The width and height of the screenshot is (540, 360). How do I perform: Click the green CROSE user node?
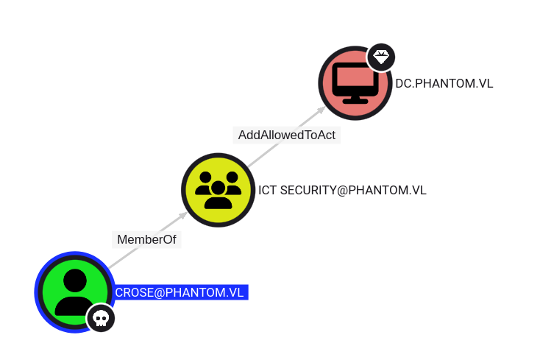tap(75, 292)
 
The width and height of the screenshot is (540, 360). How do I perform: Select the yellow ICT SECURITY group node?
tap(218, 190)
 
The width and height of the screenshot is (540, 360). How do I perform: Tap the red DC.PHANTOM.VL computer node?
tap(355, 83)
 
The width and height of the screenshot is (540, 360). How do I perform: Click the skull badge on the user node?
tap(101, 318)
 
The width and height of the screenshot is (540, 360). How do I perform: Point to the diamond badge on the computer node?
tap(381, 57)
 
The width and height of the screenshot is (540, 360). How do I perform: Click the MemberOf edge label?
tap(146, 239)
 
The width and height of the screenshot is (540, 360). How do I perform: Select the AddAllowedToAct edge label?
tap(286, 135)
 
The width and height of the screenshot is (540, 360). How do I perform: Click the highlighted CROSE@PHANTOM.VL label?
tap(180, 292)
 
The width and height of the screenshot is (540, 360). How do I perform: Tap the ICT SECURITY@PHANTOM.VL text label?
tap(342, 190)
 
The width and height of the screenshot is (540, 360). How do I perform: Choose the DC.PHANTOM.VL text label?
tap(444, 83)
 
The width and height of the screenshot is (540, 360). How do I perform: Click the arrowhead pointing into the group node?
tap(183, 215)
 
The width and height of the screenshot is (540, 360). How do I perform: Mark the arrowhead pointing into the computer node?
tap(321, 110)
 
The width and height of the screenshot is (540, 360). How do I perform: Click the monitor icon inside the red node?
tap(355, 83)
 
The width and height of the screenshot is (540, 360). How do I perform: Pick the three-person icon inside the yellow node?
tap(218, 190)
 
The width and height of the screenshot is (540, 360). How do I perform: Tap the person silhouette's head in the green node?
tap(75, 280)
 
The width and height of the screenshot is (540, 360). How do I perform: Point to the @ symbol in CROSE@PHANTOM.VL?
tap(160, 293)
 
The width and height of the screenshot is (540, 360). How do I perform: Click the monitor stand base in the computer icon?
tap(355, 101)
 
